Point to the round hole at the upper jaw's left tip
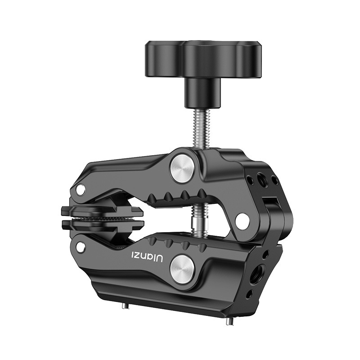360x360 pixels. tap(81, 190)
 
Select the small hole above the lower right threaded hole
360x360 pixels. tap(265, 255)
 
